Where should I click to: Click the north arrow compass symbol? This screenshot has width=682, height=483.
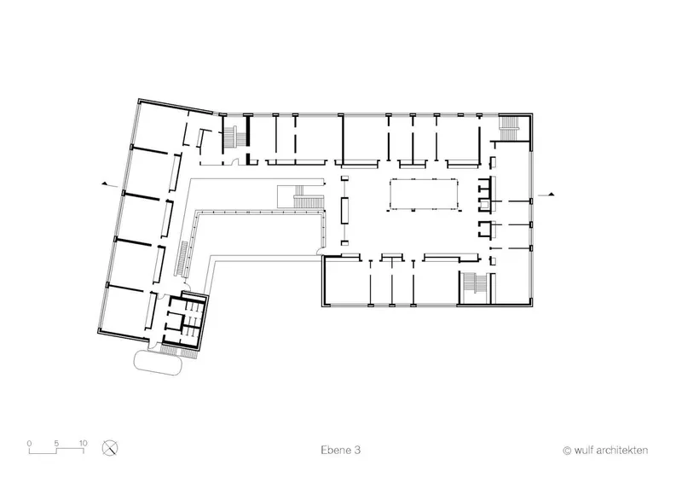[x=110, y=448]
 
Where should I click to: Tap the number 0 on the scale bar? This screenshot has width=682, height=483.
[x=29, y=444]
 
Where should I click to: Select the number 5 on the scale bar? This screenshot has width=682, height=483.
[x=56, y=444]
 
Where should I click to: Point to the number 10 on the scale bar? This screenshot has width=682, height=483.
[x=83, y=444]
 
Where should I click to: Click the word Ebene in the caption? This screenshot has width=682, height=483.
[x=335, y=450]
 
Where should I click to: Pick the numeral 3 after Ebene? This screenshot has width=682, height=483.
[x=357, y=450]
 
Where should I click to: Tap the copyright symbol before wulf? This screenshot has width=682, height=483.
[x=567, y=451]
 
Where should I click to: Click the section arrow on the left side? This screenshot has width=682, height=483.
[x=110, y=185]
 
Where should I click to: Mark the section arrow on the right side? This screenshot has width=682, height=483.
[x=546, y=195]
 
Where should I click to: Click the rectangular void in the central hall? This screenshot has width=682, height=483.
[x=424, y=194]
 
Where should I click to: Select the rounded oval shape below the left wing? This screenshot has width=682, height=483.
[x=158, y=363]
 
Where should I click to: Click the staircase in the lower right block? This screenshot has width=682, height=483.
[x=475, y=288]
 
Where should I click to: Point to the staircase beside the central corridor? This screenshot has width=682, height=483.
[x=302, y=197]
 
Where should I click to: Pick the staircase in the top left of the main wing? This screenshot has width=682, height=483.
[x=234, y=135]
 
